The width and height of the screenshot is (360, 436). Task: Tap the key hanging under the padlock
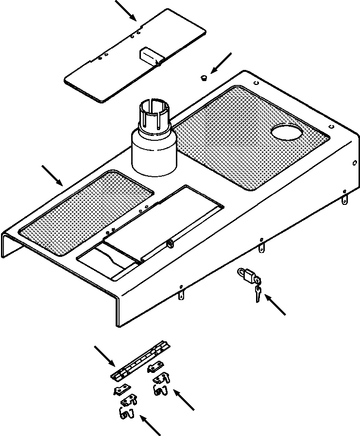coord(257,293)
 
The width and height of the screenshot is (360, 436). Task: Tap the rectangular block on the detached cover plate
coord(150,56)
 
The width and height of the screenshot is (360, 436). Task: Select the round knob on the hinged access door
coord(170,244)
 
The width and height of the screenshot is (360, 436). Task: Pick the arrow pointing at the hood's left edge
coord(52,176)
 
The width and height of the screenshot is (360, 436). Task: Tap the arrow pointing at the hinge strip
coord(104,355)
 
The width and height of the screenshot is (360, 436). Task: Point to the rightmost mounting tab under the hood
coord(345,199)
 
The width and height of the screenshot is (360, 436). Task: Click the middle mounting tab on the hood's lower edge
coord(263,248)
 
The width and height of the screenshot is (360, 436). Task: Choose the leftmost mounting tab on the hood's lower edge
coord(181,294)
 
